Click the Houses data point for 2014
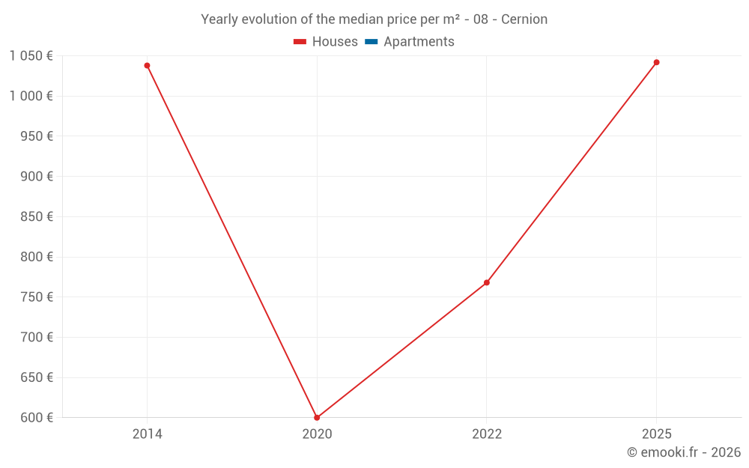coord(147,66)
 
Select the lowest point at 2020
coord(317,417)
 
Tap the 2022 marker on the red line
coord(487,282)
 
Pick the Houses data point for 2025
coord(656,62)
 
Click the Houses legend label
coord(335,42)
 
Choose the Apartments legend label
coord(419,42)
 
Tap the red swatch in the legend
coord(300,42)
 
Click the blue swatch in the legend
coord(372,42)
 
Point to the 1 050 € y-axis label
coord(31,55)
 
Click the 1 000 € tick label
coord(31,96)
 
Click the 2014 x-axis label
coord(147,434)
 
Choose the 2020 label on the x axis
coord(317,434)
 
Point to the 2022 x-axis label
coord(487,434)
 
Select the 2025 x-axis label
coord(656,434)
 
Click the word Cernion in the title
coord(524,19)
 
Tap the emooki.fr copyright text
coord(684,452)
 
